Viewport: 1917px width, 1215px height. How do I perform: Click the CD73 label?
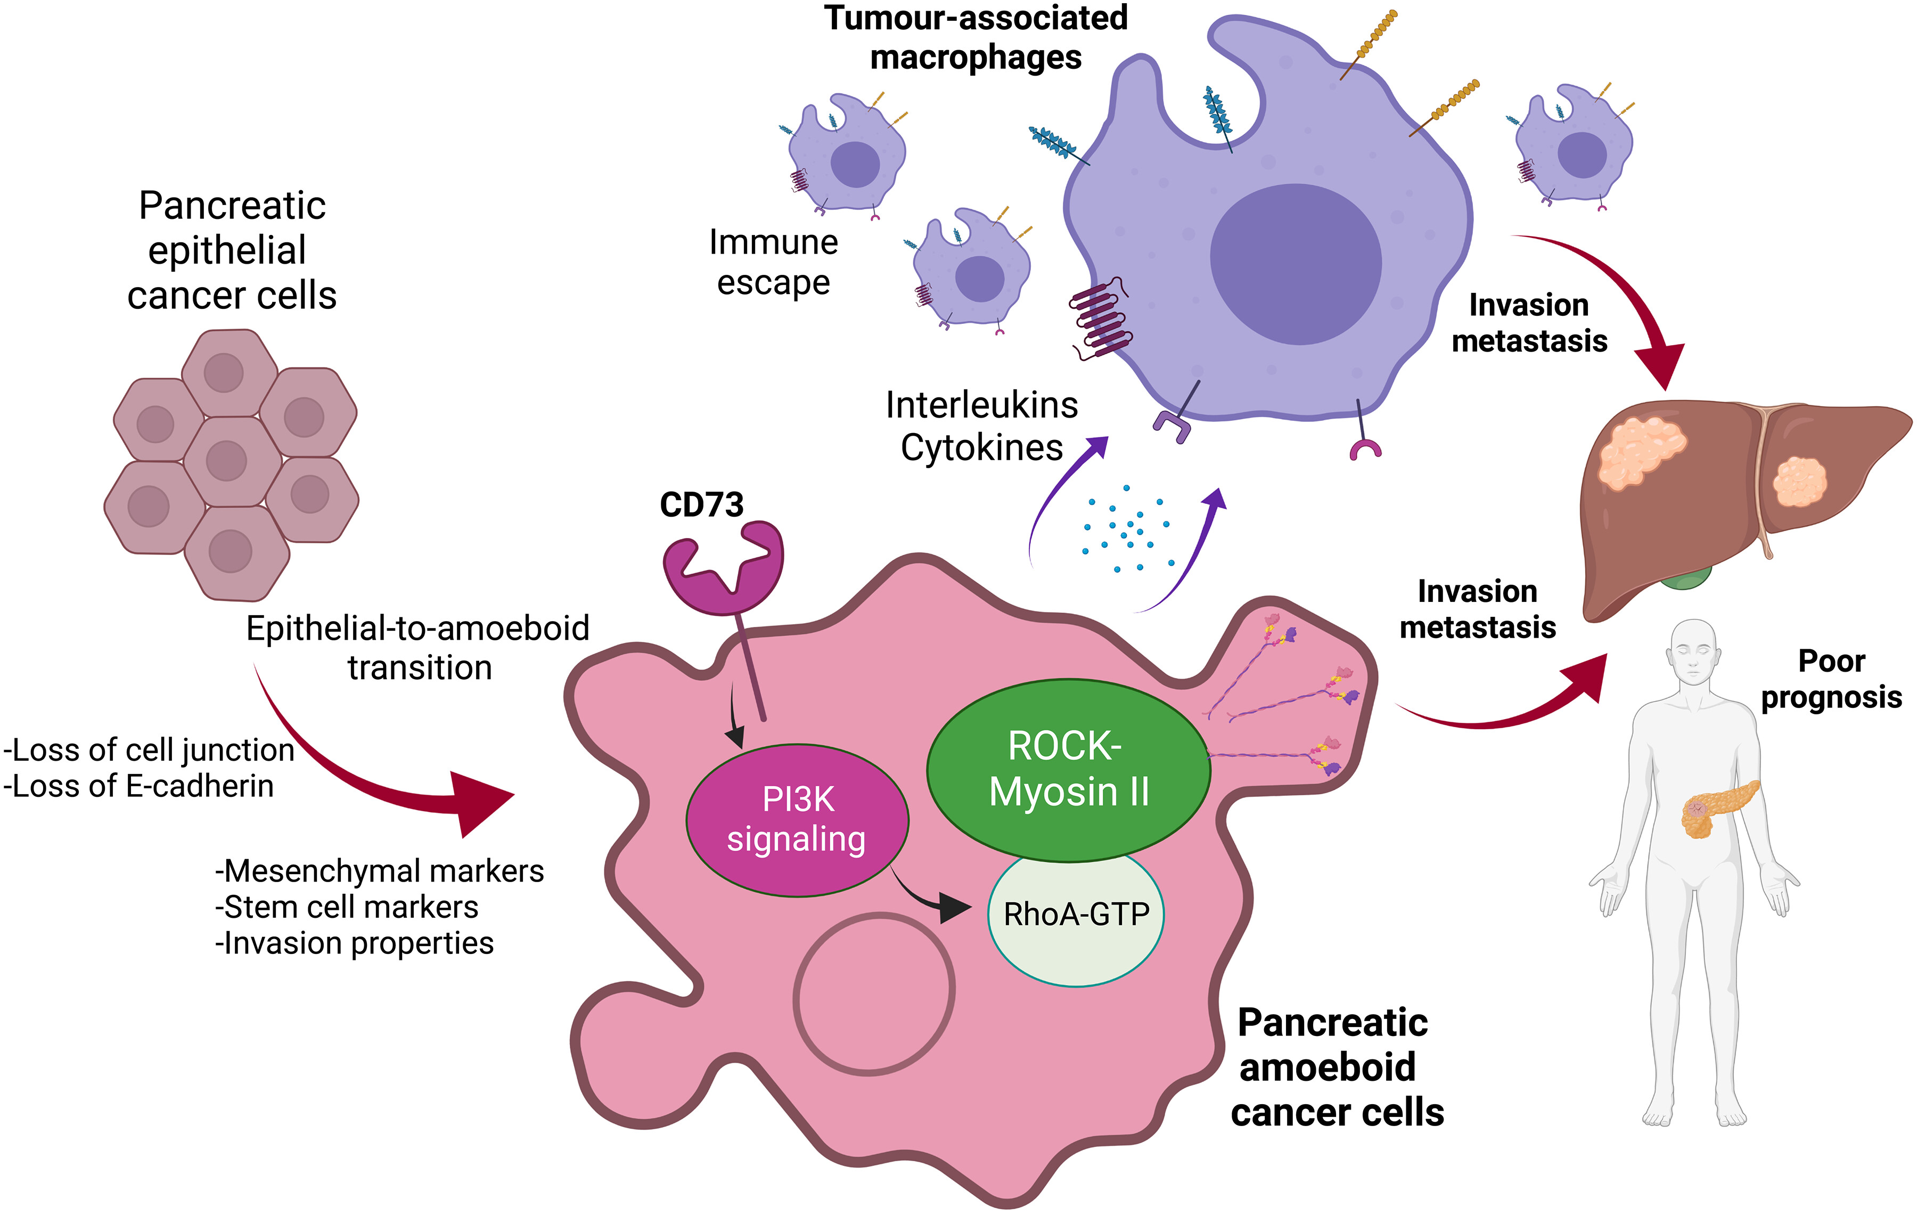pos(701,505)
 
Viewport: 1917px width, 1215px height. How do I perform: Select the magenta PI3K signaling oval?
pos(797,820)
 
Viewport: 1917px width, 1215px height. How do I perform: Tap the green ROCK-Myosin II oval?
pos(1068,770)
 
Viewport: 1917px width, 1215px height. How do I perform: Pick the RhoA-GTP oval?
pos(1076,916)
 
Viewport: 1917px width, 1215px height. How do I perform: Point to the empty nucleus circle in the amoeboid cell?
pos(874,995)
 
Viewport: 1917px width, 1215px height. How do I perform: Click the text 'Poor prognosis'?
pos(1831,679)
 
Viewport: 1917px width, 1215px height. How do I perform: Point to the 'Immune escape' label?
pos(773,262)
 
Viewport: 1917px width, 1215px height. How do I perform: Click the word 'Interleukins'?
pos(981,405)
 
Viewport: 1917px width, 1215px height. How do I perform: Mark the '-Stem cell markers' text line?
pos(347,907)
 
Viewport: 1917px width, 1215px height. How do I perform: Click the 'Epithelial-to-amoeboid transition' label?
pos(418,647)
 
